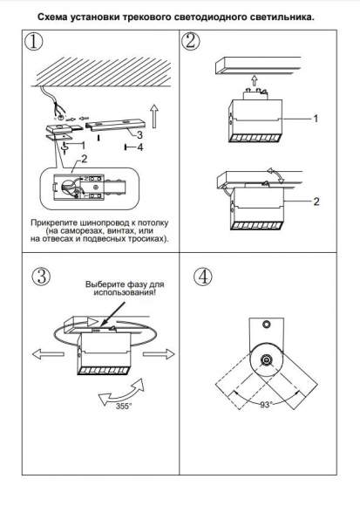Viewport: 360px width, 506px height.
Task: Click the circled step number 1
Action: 33,42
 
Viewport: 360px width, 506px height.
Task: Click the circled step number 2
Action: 190,41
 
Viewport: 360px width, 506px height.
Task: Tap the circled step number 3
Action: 41,277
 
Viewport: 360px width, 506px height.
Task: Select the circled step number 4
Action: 203,277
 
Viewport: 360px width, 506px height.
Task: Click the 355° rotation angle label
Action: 124,406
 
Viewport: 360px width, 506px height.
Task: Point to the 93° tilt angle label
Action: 266,405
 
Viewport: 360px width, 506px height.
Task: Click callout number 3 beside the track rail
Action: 139,134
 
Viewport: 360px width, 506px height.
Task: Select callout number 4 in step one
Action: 139,147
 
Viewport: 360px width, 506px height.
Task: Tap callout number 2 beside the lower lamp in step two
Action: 316,202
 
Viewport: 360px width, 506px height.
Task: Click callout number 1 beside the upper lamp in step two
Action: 316,119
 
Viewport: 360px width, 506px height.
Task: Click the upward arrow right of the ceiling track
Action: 154,116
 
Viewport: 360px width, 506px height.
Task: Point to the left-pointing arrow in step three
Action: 48,354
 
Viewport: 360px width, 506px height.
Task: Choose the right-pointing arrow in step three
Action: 159,354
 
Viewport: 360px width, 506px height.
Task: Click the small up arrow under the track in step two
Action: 255,79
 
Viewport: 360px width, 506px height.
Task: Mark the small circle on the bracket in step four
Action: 266,324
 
